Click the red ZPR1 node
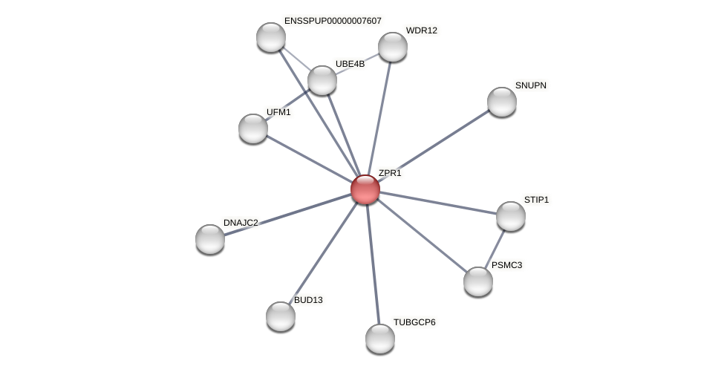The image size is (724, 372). coord(365,189)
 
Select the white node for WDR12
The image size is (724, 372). coord(392,47)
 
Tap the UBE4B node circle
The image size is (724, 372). coord(322,80)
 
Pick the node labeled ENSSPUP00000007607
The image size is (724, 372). coord(270,37)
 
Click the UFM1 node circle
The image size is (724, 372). coord(252,128)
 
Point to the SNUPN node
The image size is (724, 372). coord(501,102)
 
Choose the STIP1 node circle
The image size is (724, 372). coord(510,216)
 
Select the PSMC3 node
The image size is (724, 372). coord(477,281)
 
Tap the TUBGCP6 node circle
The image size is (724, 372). coord(379,339)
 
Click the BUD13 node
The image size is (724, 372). coord(280,316)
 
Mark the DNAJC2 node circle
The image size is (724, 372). coord(209,239)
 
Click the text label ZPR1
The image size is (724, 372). coord(389,173)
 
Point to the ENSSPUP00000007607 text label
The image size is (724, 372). coord(333,21)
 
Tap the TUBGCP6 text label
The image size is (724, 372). coord(414,322)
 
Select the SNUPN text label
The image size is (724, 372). coord(530,85)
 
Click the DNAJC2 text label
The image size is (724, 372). coord(241,223)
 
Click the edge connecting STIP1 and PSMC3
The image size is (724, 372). coord(495,248)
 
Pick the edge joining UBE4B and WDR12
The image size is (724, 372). coord(357,63)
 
